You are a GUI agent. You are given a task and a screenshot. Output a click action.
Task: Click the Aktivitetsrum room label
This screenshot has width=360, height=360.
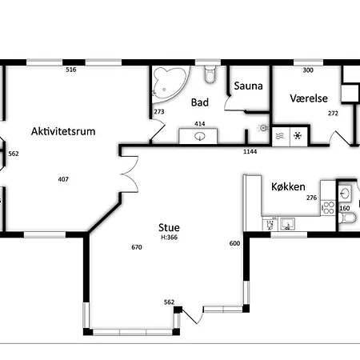[63, 131]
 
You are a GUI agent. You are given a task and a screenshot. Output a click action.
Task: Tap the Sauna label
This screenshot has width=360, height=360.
[248, 86]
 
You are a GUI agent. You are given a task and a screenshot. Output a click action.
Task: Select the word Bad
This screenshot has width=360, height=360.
[200, 102]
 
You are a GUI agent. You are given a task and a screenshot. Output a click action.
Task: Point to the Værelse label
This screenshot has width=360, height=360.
[309, 98]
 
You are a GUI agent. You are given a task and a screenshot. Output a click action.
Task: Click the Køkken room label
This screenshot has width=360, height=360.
[288, 186]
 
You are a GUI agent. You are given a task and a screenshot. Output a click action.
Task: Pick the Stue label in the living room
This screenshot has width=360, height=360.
[169, 227]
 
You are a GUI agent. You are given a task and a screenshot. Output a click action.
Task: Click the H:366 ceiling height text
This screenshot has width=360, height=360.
[170, 238]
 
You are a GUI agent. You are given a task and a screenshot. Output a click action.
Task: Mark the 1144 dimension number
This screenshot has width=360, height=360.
[250, 152]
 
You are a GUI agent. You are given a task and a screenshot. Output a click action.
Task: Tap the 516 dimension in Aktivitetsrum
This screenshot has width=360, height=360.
[71, 70]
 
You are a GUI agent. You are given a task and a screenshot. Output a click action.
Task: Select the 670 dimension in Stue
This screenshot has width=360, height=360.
[137, 247]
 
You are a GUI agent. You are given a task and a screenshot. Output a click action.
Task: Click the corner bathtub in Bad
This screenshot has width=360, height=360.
[170, 83]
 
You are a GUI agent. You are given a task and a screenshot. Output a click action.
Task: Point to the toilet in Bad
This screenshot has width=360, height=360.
[210, 74]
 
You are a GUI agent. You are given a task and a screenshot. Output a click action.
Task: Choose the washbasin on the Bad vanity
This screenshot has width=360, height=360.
[200, 137]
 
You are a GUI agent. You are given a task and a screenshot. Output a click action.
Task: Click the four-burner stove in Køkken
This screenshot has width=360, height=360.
[328, 208]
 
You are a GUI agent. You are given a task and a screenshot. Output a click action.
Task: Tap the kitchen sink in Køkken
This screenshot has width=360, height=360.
[287, 224]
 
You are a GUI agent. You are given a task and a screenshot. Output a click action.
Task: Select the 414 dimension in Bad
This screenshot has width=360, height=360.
[200, 124]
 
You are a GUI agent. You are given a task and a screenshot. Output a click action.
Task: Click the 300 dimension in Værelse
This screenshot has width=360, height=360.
[308, 70]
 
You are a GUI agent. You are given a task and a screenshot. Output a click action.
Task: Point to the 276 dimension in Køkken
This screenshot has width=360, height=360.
[311, 198]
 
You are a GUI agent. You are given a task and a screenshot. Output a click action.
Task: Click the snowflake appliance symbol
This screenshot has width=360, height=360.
[298, 136]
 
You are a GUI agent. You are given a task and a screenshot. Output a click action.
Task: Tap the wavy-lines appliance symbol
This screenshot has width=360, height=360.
[280, 136]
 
